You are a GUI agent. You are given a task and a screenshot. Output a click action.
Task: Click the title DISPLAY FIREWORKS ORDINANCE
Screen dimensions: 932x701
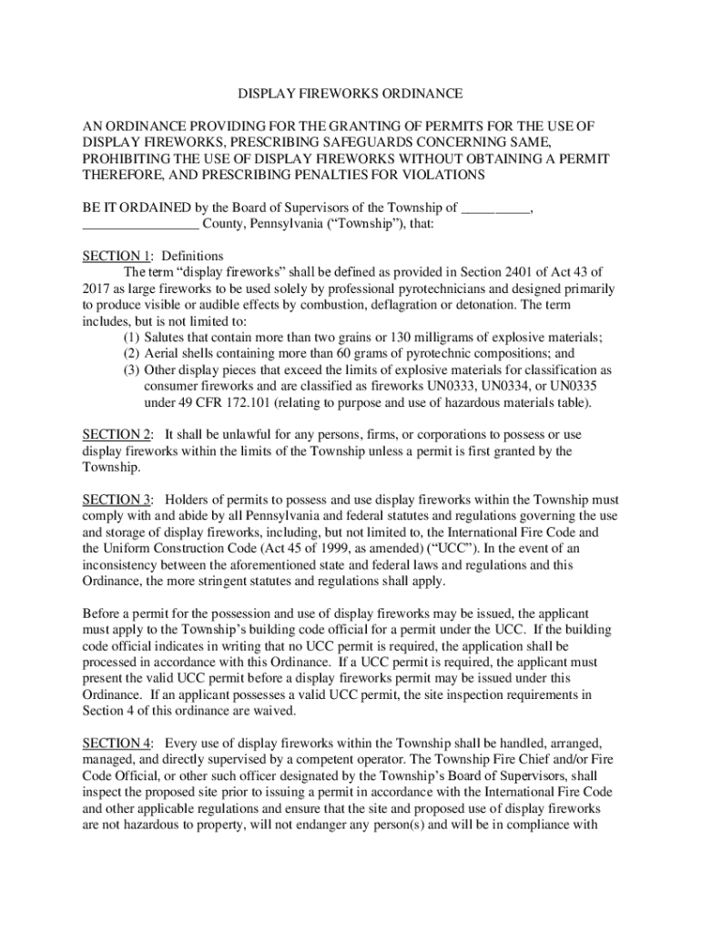(350, 94)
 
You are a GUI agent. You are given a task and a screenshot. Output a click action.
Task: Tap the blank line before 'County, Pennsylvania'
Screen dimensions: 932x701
(140, 224)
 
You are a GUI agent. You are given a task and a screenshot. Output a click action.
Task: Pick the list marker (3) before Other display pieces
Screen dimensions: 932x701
(132, 370)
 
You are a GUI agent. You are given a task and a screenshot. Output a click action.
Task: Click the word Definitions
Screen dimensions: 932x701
(192, 256)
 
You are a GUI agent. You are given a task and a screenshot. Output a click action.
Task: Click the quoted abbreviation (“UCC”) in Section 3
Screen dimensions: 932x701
(453, 549)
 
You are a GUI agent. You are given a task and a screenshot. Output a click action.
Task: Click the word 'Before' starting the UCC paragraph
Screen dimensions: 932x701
(102, 613)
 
